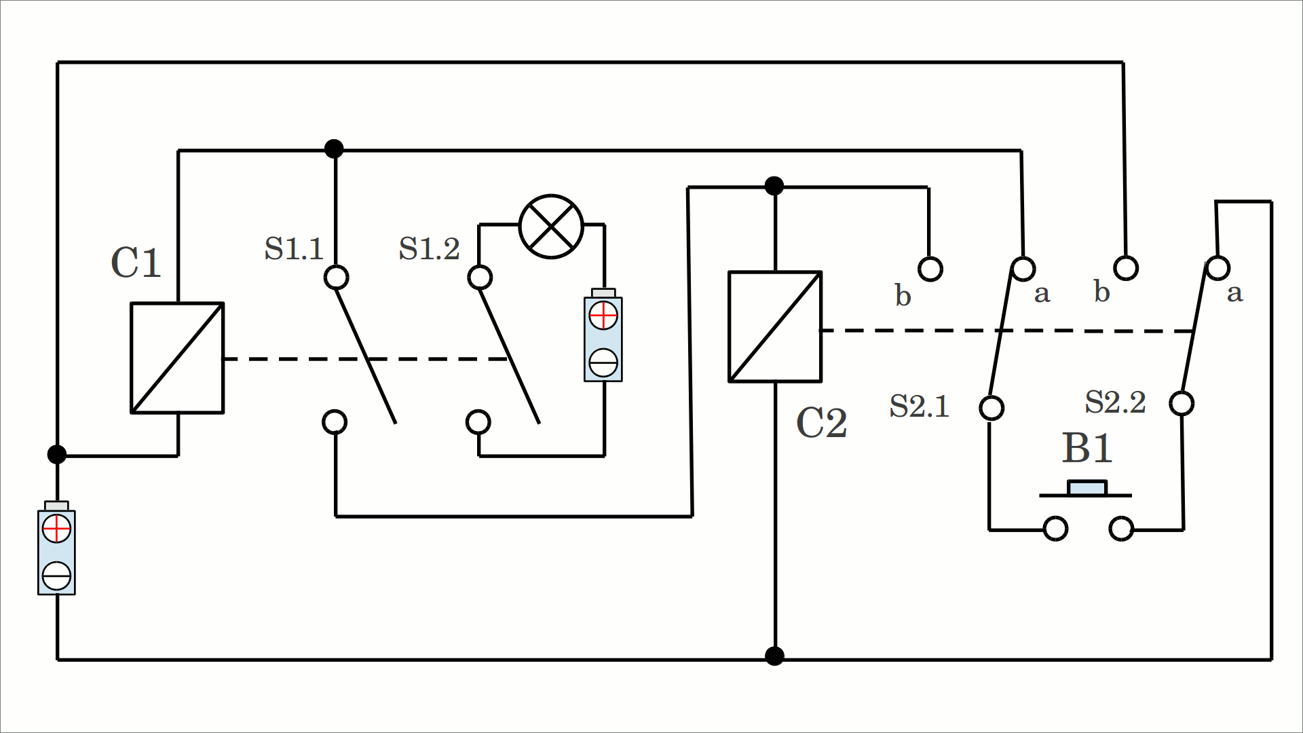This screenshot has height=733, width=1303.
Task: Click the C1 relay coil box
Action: [177, 358]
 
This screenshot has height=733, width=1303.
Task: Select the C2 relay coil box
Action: [775, 326]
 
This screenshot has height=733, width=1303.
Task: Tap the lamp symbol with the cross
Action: [551, 227]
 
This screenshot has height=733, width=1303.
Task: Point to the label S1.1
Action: [294, 249]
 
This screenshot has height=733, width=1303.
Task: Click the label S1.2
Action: [429, 249]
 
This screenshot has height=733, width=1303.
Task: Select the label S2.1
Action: [919, 407]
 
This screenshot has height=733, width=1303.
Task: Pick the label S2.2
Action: [1114, 402]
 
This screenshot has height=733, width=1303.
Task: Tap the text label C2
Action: [821, 424]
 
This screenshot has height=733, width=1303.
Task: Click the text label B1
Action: [1087, 449]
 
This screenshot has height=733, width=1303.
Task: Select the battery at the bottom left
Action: [56, 550]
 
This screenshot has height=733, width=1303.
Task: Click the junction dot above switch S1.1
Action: [334, 149]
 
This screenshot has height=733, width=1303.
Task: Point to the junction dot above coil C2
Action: [774, 185]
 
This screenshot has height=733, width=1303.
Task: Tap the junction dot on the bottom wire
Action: [774, 656]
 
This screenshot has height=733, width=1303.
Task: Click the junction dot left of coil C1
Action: [57, 454]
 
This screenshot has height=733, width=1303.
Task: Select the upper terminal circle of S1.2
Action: [480, 277]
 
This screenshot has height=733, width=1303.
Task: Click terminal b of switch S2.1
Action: [930, 269]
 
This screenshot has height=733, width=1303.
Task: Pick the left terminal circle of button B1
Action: [1055, 528]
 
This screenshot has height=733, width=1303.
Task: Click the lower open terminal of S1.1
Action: [335, 421]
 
